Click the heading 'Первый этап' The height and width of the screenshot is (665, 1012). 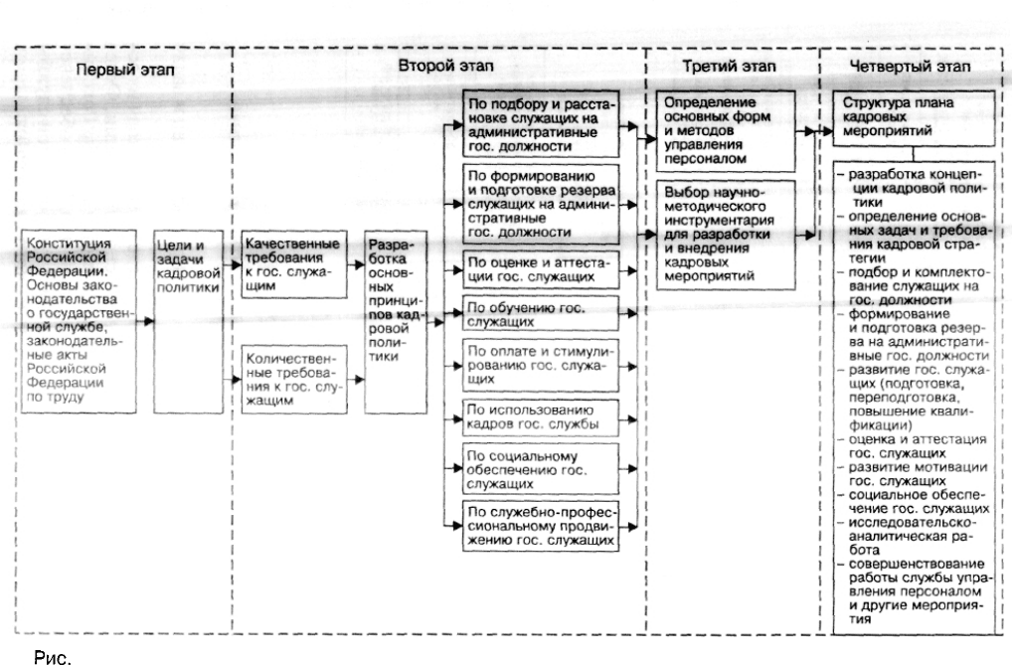click(x=125, y=70)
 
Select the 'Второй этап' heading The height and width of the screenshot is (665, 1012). click(x=445, y=66)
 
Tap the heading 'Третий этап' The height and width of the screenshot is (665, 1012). click(x=730, y=66)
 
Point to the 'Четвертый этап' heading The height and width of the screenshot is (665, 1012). click(x=910, y=66)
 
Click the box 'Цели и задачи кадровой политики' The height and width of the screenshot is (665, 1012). click(x=189, y=321)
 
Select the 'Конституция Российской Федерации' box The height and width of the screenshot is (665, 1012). click(x=79, y=321)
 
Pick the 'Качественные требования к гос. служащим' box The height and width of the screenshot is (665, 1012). click(x=293, y=264)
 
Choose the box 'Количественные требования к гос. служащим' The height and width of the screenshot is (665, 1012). click(x=293, y=380)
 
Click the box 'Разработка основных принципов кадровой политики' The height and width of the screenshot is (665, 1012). click(x=396, y=321)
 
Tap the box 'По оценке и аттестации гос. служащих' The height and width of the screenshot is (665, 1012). click(x=541, y=269)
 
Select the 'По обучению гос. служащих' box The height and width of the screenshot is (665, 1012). click(x=541, y=314)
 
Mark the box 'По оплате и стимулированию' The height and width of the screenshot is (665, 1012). click(x=541, y=366)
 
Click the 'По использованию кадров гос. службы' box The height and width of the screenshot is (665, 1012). click(x=541, y=417)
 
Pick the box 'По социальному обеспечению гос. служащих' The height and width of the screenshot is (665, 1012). click(x=541, y=469)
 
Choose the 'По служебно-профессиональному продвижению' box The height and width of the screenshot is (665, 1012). click(x=541, y=526)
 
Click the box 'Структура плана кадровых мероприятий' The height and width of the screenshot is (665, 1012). click(x=914, y=118)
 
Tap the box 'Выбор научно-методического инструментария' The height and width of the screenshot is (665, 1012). click(x=726, y=235)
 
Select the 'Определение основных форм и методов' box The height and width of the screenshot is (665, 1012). click(x=726, y=131)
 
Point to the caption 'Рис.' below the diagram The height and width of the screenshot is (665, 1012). click(x=53, y=657)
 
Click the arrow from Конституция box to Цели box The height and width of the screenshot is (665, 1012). click(x=145, y=321)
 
